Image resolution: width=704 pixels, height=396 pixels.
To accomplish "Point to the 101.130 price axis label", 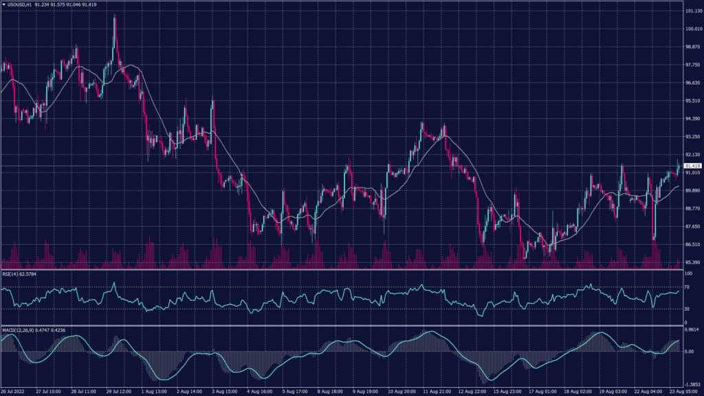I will coord(692,12).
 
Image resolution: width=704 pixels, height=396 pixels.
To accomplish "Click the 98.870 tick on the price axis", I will coord(692,47).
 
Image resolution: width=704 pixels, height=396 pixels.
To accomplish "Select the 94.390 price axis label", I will coord(692,119).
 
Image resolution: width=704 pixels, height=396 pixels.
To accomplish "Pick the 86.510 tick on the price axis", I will coord(692,244).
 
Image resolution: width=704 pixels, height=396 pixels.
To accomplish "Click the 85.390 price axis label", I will coord(692,262).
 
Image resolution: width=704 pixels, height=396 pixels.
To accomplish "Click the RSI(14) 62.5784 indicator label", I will coord(19,274).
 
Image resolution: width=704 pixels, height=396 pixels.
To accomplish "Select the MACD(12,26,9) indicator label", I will coord(19,329).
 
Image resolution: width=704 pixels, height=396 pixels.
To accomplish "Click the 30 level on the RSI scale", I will coord(687,309).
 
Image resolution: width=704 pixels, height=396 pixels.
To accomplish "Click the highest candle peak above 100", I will coord(114,16).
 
